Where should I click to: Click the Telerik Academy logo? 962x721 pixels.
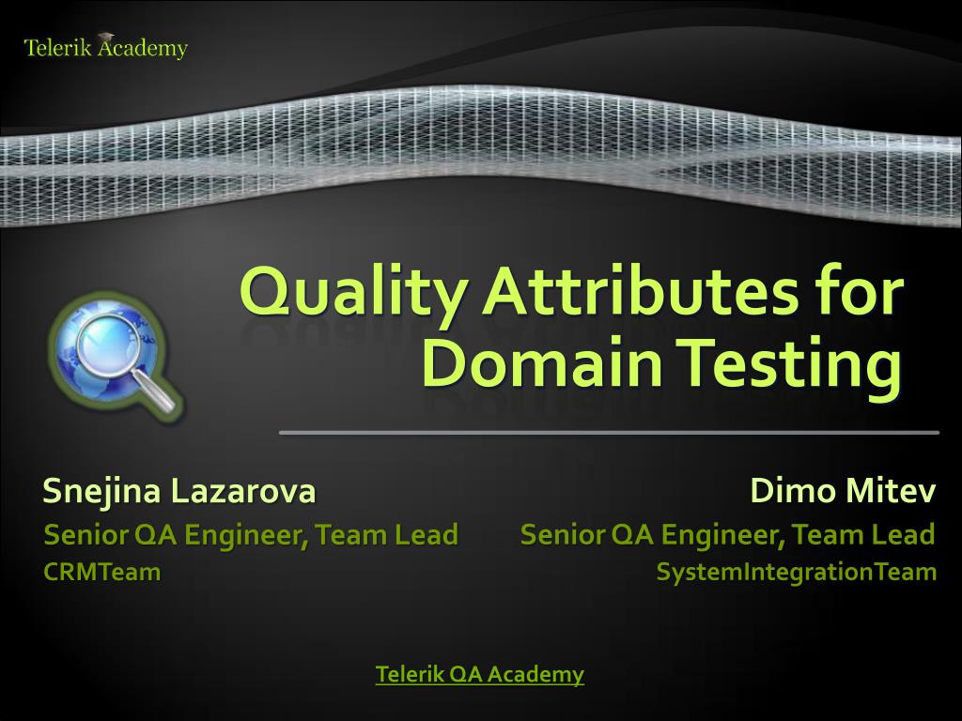point(105,48)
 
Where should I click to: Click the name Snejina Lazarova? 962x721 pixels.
point(178,490)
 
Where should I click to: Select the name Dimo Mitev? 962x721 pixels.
point(843,490)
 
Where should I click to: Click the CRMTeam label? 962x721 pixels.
point(102,571)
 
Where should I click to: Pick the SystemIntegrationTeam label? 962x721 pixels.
point(796,571)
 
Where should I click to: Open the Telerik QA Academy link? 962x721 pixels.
point(480,673)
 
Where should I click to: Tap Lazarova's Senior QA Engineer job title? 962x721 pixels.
point(251,535)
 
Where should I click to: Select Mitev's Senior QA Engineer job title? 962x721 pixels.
point(727,535)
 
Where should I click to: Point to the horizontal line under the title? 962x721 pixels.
point(609,433)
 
